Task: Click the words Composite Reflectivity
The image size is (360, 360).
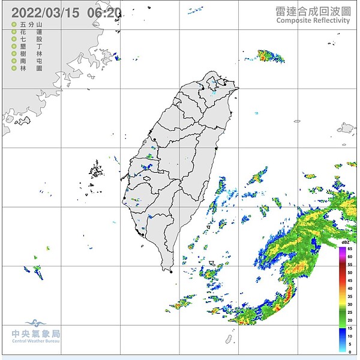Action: click(313, 20)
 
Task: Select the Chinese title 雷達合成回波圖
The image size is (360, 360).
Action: click(313, 10)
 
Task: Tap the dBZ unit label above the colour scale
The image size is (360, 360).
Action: click(346, 242)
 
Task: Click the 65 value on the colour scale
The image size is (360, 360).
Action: click(350, 248)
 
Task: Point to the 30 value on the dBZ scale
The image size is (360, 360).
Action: click(350, 304)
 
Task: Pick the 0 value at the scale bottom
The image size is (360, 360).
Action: click(350, 352)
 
